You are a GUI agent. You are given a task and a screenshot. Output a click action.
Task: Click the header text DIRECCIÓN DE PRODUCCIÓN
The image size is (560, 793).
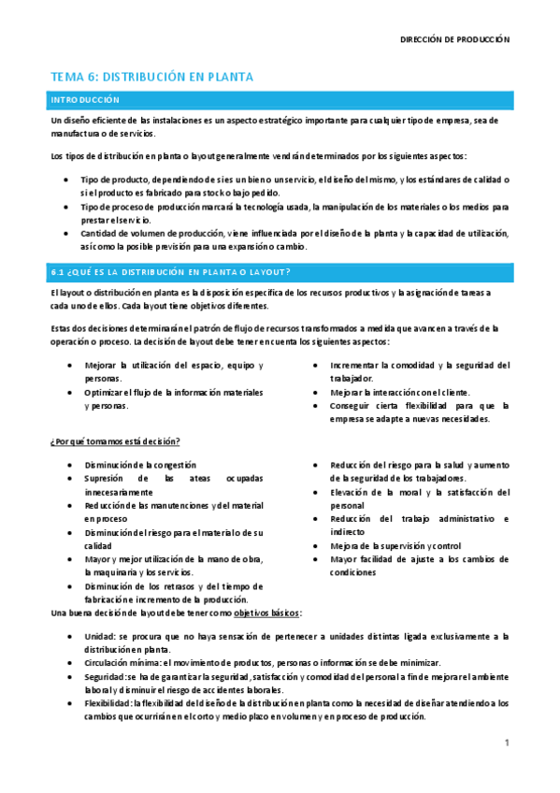click(454, 40)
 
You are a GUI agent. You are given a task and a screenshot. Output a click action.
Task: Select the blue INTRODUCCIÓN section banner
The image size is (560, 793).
click(280, 99)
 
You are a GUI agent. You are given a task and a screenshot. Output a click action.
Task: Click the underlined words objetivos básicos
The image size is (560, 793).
click(266, 613)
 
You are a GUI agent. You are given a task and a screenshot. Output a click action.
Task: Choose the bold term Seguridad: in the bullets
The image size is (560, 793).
click(105, 676)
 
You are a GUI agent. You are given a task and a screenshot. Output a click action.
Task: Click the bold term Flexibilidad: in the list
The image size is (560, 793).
click(108, 703)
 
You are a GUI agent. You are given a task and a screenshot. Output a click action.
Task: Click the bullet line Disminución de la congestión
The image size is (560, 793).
click(140, 465)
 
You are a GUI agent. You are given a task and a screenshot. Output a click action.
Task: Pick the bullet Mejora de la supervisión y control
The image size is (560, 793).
click(395, 546)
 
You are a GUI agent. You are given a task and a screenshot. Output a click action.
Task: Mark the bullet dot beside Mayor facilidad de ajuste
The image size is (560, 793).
click(318, 559)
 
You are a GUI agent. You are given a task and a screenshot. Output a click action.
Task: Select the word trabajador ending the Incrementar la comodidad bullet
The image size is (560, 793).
click(351, 379)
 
